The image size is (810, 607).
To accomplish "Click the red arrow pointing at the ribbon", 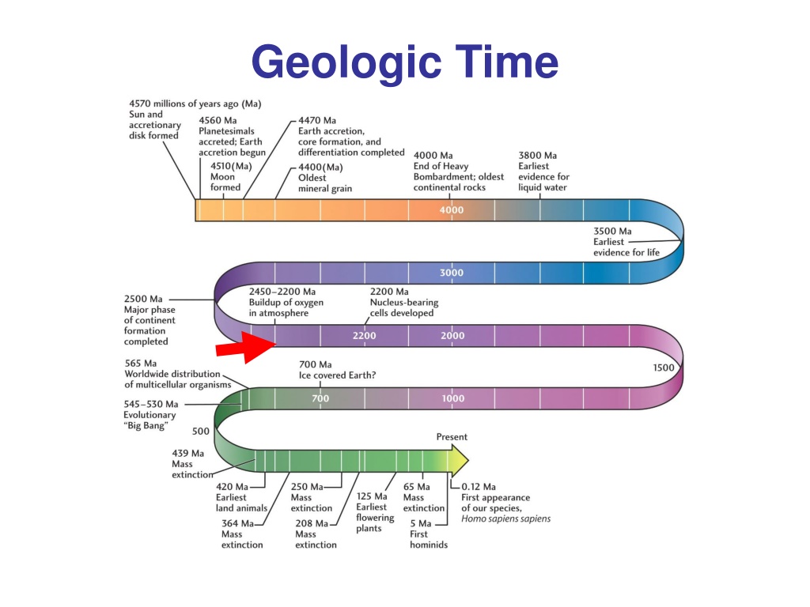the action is click(246, 348).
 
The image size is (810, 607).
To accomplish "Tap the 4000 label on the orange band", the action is click(452, 210).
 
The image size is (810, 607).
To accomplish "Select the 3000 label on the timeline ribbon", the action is click(452, 273).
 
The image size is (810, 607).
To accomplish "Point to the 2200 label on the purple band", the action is click(364, 335).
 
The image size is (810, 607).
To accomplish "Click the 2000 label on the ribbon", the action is click(452, 335).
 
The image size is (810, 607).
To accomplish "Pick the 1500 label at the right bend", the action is click(664, 368).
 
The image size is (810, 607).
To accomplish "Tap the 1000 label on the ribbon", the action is click(452, 398).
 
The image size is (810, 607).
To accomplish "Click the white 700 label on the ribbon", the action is click(320, 398).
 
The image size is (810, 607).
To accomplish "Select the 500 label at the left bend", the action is click(200, 431).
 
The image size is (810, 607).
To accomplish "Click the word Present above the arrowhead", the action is click(452, 436).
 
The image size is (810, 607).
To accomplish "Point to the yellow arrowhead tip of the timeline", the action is click(468, 459).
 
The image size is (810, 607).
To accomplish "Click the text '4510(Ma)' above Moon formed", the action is click(231, 166).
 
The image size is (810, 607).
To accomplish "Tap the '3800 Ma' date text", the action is click(537, 156).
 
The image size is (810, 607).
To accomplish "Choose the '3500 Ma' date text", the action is click(612, 232).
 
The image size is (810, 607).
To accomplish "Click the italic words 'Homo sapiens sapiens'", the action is click(505, 518).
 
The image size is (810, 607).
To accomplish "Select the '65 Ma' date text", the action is click(416, 487).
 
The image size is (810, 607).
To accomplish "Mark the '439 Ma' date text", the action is click(187, 453).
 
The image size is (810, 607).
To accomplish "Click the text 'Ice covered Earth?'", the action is click(337, 375).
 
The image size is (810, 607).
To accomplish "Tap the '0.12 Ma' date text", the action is click(479, 487).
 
